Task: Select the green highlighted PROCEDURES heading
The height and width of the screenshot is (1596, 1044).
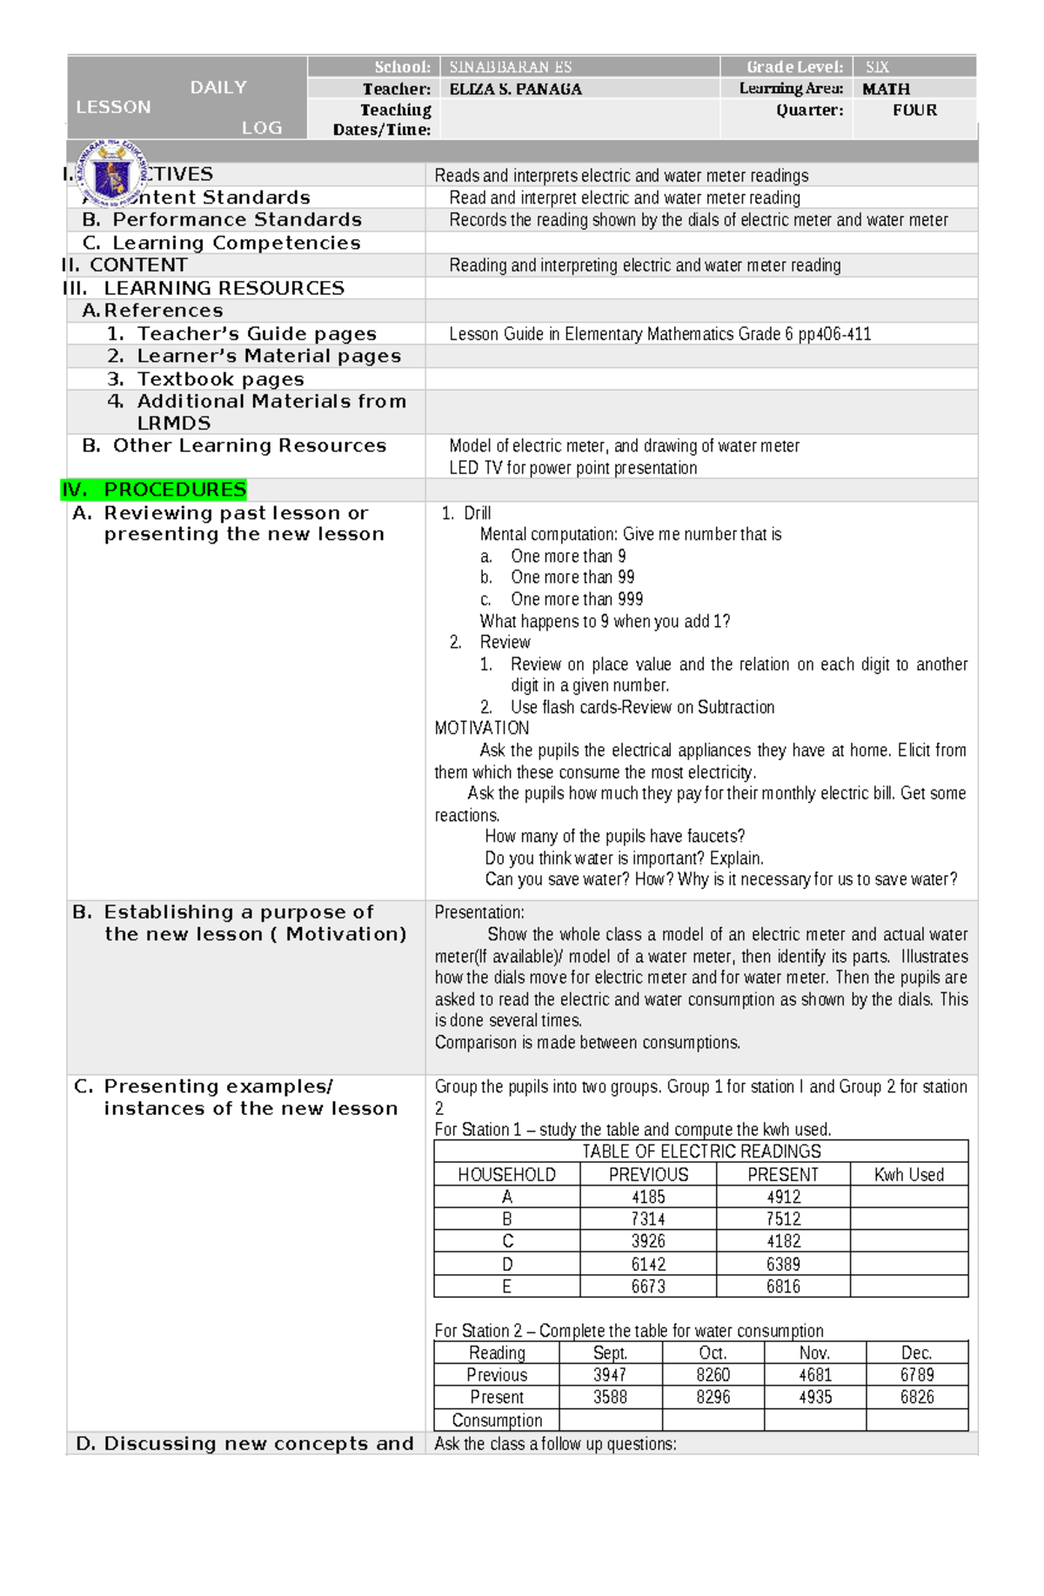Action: coord(155,490)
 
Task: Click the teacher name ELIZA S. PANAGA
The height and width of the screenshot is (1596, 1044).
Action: coord(515,89)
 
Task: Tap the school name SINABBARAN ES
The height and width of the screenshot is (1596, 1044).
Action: coord(510,67)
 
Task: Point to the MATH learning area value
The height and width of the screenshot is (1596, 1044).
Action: coord(886,89)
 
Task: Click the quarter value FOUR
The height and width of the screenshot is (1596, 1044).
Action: coord(914,110)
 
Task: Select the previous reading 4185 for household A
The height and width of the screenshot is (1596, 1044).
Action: coord(648,1197)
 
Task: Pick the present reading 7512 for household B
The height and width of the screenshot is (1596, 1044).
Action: coord(783,1219)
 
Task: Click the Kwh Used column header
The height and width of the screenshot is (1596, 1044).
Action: coord(908,1174)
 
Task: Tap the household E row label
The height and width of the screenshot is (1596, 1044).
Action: coord(506,1286)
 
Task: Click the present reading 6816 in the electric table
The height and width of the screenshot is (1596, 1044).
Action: coord(783,1286)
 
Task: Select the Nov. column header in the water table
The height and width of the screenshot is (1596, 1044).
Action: coord(814,1352)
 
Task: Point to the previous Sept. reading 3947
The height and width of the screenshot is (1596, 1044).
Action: coord(610,1375)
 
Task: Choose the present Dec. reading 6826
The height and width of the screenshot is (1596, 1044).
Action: coord(917,1397)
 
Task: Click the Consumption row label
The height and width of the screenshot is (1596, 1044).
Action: coord(497,1419)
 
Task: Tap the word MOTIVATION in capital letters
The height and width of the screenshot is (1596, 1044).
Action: coord(482,728)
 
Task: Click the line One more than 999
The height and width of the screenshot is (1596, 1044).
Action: coord(576,599)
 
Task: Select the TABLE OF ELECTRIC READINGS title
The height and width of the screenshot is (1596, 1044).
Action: coord(701,1152)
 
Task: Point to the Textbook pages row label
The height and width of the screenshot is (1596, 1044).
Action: coord(220,379)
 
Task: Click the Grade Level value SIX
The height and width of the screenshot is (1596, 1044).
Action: coord(877,67)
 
